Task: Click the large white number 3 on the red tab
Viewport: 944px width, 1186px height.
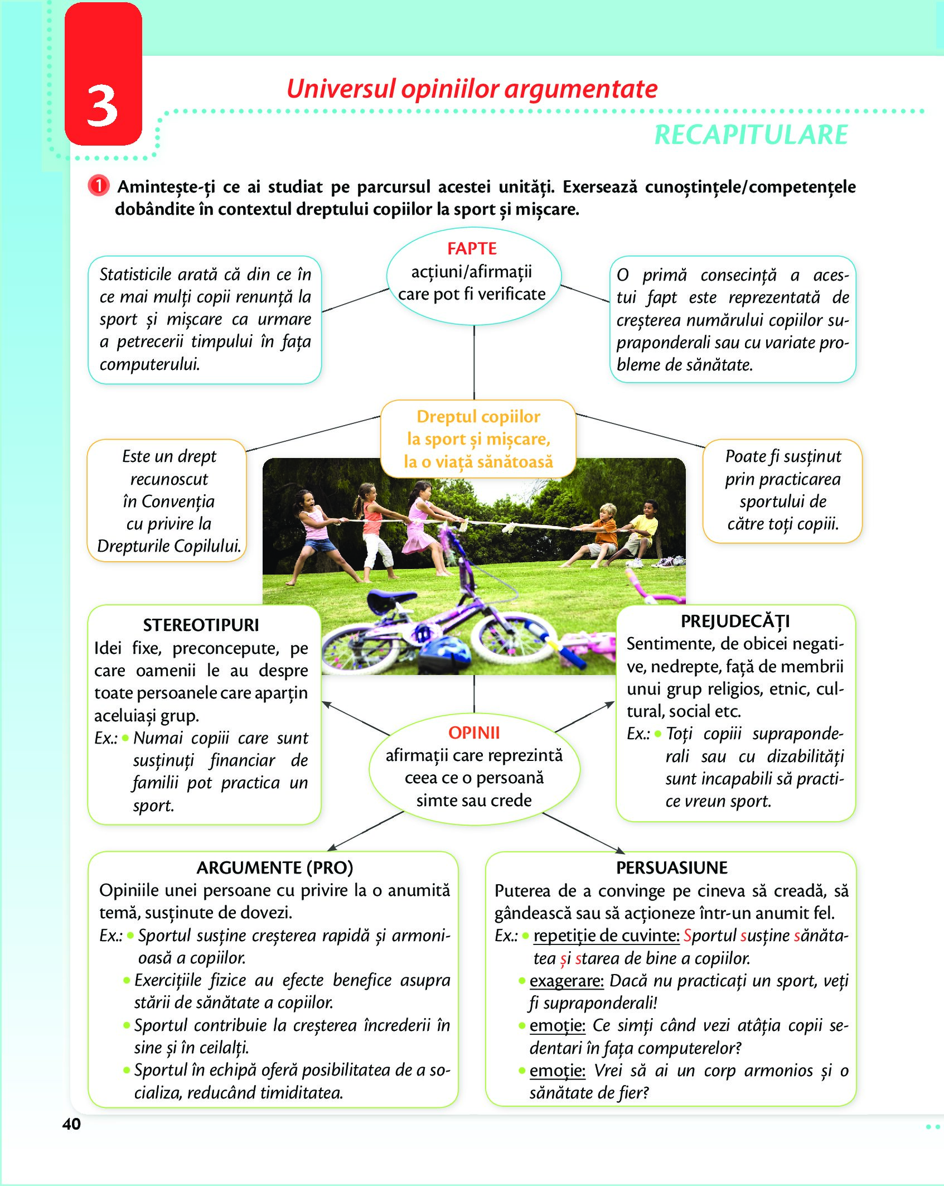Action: click(103, 105)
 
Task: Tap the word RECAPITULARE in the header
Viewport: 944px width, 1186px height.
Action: click(751, 135)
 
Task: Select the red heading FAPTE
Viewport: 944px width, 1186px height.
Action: click(472, 248)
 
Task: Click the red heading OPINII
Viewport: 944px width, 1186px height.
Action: click(474, 732)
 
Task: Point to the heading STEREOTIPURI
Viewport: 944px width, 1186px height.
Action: click(201, 625)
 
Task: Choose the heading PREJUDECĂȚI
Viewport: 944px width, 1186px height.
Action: click(735, 621)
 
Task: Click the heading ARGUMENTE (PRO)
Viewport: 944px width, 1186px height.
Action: click(275, 867)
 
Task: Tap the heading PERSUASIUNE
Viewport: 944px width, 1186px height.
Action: click(672, 867)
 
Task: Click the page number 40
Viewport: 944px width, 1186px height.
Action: click(71, 1124)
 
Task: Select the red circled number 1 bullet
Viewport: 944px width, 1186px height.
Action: click(98, 186)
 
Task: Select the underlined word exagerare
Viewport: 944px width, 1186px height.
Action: click(567, 980)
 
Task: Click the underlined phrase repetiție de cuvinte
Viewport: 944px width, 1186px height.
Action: click(607, 936)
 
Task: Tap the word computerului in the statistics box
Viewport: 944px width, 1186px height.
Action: click(150, 364)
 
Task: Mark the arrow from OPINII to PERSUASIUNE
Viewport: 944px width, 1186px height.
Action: click(584, 833)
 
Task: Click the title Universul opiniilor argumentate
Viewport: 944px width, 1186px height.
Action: click(472, 89)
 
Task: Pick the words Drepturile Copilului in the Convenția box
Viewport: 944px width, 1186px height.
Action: click(169, 546)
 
